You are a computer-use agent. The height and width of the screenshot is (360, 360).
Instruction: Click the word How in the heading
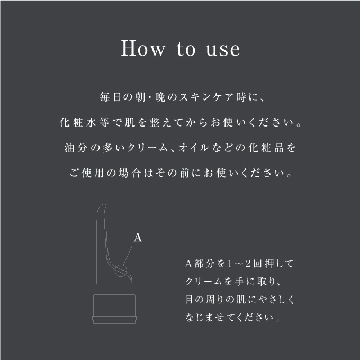[142, 49]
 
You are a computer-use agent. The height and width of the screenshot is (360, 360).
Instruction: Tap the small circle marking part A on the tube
[121, 271]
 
